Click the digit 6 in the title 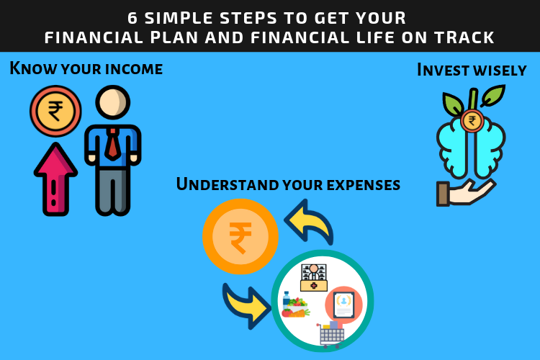[132, 18]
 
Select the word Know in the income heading [32, 68]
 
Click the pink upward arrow [55, 179]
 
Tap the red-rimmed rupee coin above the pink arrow [55, 111]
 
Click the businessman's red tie [112, 144]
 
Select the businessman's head [112, 102]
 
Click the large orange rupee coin [240, 237]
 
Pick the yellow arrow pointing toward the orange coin [309, 222]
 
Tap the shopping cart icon [331, 335]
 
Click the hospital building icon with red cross [313, 277]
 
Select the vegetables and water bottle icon [295, 305]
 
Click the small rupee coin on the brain [472, 121]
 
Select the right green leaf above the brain [493, 95]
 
